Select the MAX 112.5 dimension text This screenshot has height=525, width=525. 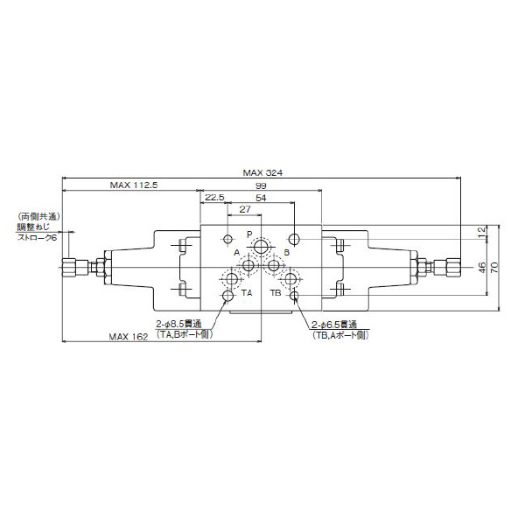click(x=132, y=185)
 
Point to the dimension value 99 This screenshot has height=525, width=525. click(x=261, y=187)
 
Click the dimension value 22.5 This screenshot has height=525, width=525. click(x=214, y=198)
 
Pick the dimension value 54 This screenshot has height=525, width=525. click(x=261, y=199)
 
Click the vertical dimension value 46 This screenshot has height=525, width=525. click(x=479, y=267)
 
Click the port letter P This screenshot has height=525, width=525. click(x=248, y=234)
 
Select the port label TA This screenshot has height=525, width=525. click(x=246, y=291)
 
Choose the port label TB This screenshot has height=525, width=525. click(x=275, y=291)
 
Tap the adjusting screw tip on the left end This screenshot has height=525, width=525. click(x=66, y=267)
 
